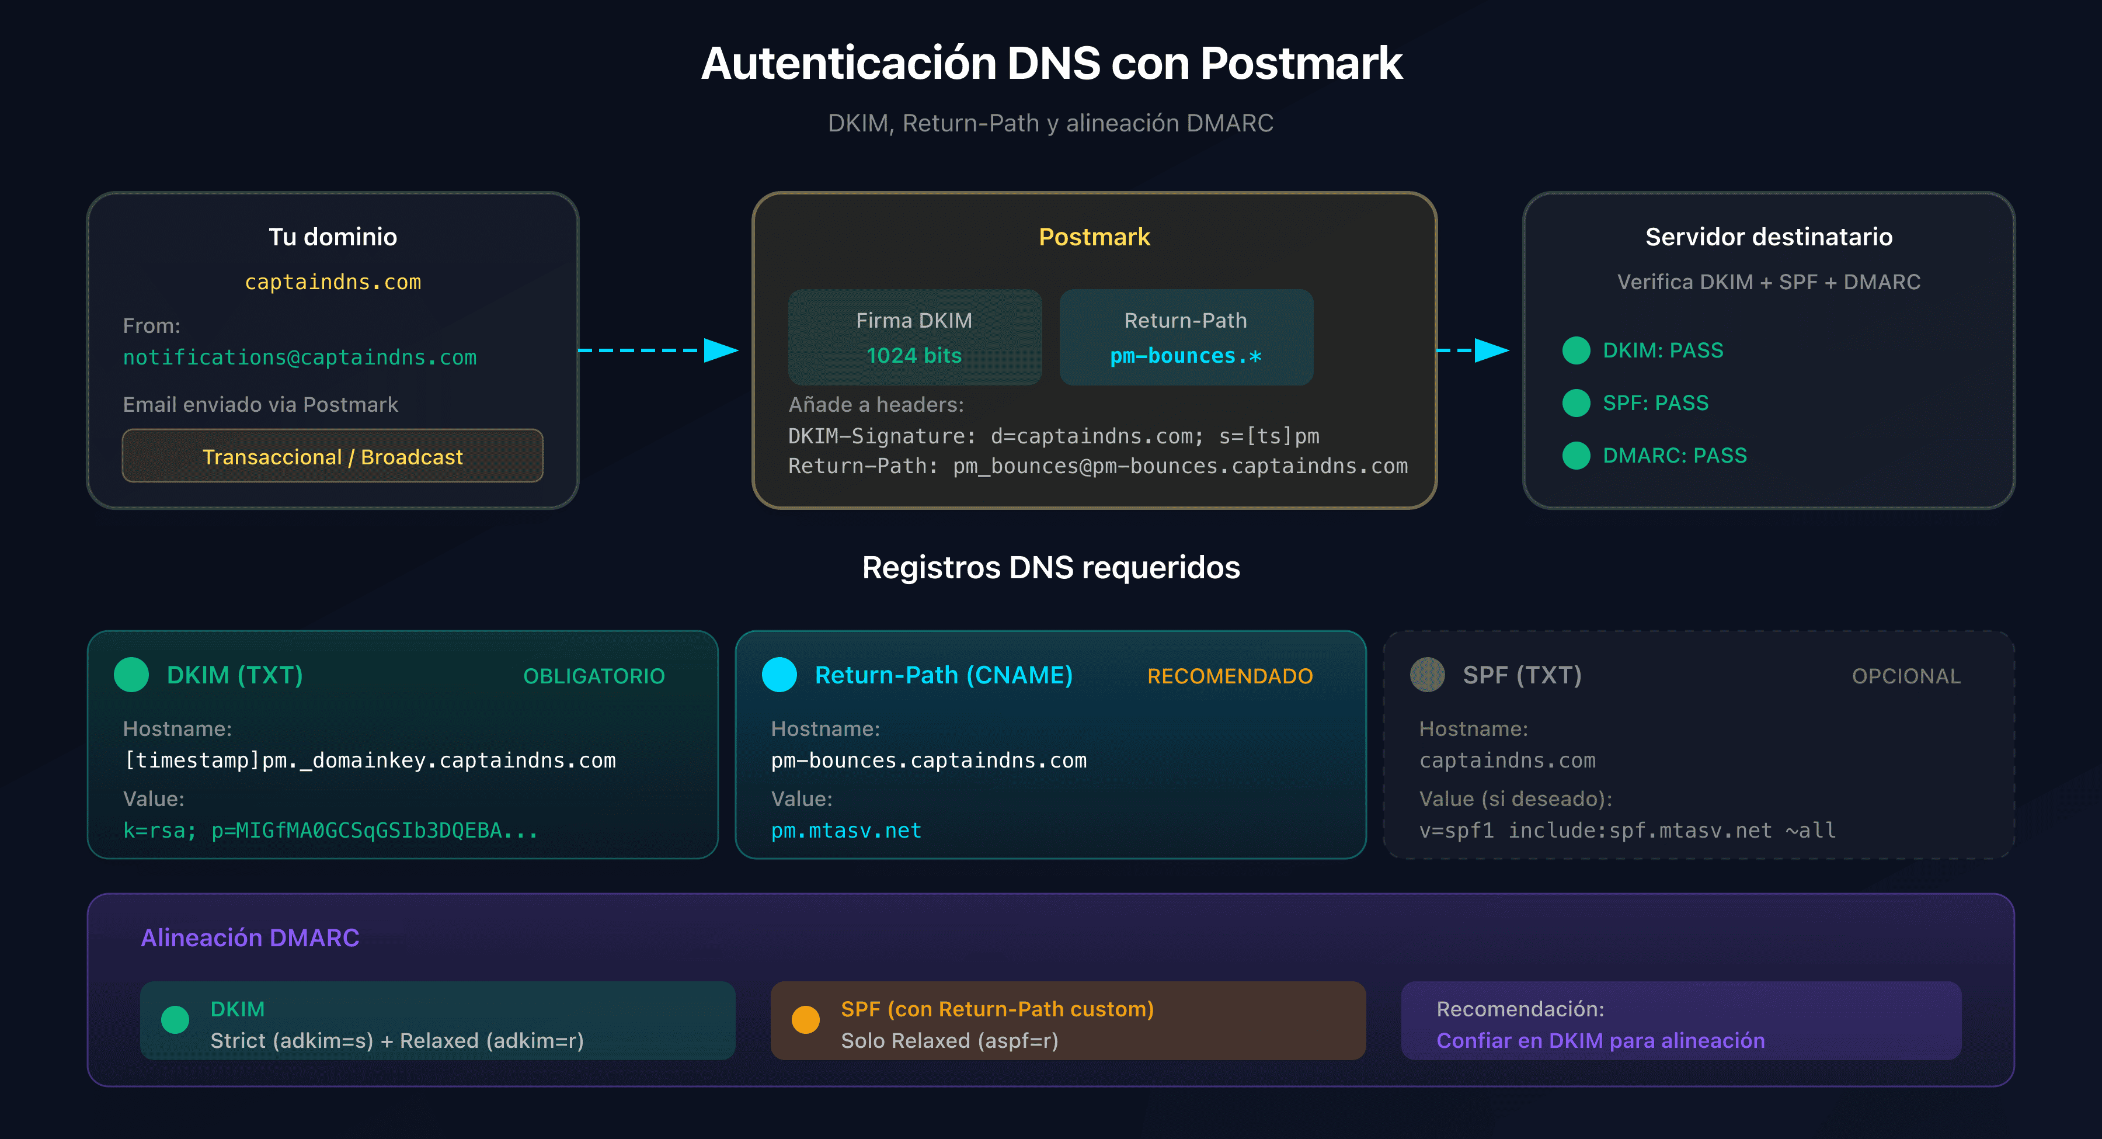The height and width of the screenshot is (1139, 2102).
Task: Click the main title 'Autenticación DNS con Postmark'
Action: click(x=1051, y=64)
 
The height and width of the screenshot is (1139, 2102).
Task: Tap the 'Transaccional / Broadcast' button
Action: click(x=332, y=456)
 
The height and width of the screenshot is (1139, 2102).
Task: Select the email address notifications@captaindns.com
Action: click(x=300, y=357)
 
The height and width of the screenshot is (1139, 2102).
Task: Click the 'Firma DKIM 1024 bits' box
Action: click(x=914, y=337)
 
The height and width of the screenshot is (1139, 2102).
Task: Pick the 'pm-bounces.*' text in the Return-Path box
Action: click(x=1185, y=356)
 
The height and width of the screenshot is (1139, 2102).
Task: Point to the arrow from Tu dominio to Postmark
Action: click(x=657, y=350)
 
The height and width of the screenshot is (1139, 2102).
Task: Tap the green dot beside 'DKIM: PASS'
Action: click(x=1576, y=350)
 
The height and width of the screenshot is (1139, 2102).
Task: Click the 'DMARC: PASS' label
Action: click(x=1675, y=456)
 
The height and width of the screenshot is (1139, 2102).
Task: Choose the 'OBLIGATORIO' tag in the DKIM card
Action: click(x=593, y=676)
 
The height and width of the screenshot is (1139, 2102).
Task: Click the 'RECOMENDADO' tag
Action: click(x=1229, y=676)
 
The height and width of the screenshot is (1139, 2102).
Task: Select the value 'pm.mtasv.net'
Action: click(x=845, y=831)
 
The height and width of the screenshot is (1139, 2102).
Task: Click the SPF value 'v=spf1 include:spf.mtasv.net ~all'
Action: click(x=1627, y=831)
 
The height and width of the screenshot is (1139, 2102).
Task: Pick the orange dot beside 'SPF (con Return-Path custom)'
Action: click(x=805, y=1020)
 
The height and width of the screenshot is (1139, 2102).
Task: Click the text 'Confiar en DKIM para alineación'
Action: click(x=1600, y=1040)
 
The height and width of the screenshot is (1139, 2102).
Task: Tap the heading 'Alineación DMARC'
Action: click(x=250, y=937)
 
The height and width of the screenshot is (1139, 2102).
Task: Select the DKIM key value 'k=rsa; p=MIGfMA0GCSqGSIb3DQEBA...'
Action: click(x=330, y=831)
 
